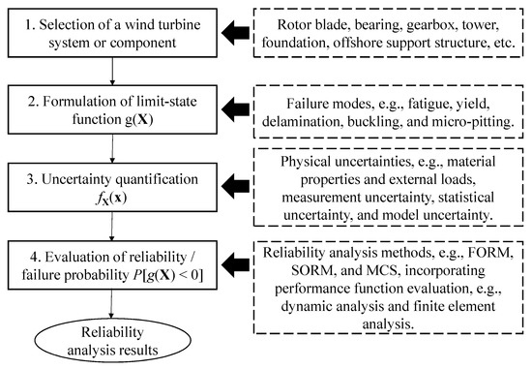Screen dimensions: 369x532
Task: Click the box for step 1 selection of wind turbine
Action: [116, 31]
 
